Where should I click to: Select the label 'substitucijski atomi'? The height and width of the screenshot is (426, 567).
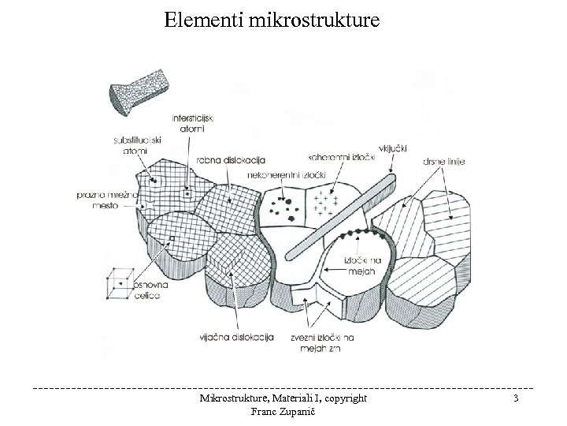pyautogui.click(x=134, y=145)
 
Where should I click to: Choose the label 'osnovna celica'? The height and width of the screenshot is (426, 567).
pyautogui.click(x=147, y=289)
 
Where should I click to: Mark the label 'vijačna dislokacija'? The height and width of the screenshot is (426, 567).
pyautogui.click(x=235, y=338)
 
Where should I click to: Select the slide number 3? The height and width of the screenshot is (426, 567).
pyautogui.click(x=514, y=400)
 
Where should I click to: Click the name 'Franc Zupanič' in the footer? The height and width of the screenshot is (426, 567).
pyautogui.click(x=283, y=412)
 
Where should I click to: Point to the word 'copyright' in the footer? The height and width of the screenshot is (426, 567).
pyautogui.click(x=339, y=399)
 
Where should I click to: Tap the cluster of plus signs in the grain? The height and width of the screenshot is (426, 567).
pyautogui.click(x=325, y=204)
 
